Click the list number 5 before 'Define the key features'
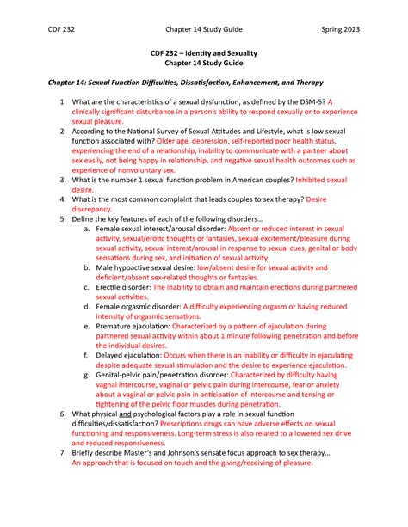pos(62,220)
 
